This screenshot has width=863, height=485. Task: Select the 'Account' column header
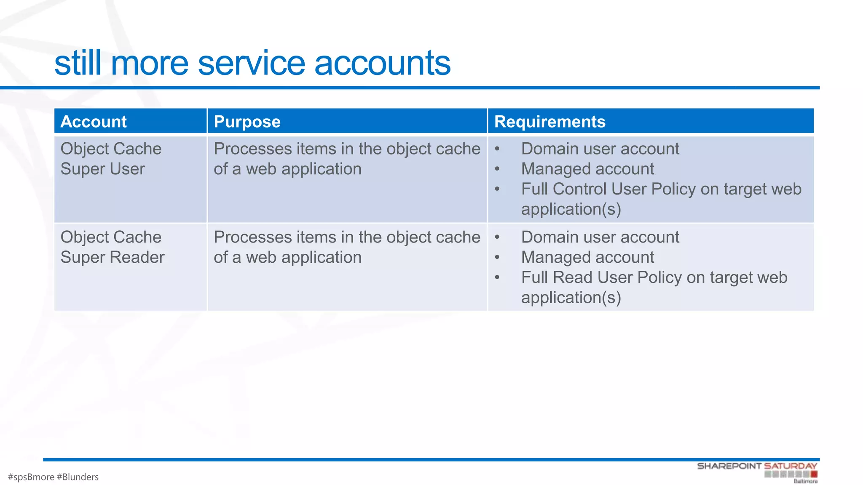[x=94, y=122]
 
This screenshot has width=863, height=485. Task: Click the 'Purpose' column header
[x=247, y=122]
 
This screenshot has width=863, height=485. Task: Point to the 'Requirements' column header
[x=549, y=122]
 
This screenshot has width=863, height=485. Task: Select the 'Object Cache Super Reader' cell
[x=112, y=247]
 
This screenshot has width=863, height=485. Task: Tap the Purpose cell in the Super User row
[x=346, y=159]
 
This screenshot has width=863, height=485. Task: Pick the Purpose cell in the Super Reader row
[x=346, y=247]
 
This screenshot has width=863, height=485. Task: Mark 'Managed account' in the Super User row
[x=587, y=169]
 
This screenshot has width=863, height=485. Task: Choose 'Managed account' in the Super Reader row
[x=587, y=257]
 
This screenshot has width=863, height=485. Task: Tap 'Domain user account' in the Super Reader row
[x=600, y=237]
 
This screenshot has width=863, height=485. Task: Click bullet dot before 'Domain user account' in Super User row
[x=497, y=149]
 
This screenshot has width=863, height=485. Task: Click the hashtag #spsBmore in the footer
[x=31, y=477]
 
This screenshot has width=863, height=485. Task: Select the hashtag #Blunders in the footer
[x=78, y=477]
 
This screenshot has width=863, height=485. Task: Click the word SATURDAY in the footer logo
[x=791, y=466]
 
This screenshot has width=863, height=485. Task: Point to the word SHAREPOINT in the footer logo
[x=729, y=466]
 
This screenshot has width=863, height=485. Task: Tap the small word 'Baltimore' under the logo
[x=805, y=481]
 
